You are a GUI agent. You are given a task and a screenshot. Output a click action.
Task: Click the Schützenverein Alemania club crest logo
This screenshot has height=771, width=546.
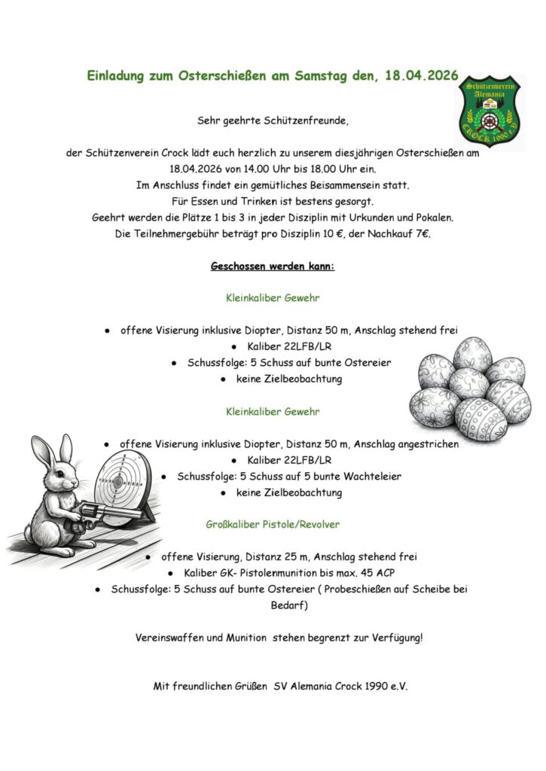491,112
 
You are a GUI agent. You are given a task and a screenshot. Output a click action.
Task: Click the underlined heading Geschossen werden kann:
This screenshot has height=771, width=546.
273,267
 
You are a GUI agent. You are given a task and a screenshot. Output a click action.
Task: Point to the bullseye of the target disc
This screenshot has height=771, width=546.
117,482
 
